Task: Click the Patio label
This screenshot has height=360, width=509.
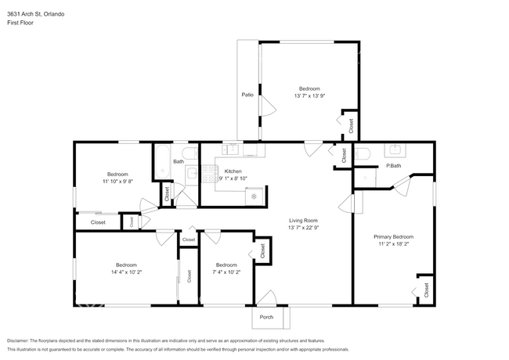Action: pyautogui.click(x=247, y=95)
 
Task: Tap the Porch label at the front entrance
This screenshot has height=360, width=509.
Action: pyautogui.click(x=267, y=317)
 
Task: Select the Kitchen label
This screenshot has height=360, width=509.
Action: pyautogui.click(x=233, y=171)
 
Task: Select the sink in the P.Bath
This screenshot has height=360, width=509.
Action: pyautogui.click(x=395, y=151)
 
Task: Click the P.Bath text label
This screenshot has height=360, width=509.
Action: pyautogui.click(x=393, y=166)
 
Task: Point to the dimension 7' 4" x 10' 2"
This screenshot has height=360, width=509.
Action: pyautogui.click(x=226, y=273)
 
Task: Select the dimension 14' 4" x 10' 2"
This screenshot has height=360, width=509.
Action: pyautogui.click(x=126, y=273)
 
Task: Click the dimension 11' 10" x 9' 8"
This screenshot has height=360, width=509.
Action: pyautogui.click(x=117, y=181)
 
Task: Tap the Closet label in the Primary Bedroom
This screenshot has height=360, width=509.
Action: pyautogui.click(x=426, y=290)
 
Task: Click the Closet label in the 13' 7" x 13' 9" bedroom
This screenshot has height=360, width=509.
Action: pyautogui.click(x=350, y=124)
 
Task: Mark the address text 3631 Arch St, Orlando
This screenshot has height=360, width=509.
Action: pyautogui.click(x=35, y=13)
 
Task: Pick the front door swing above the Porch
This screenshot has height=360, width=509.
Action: pyautogui.click(x=265, y=298)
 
